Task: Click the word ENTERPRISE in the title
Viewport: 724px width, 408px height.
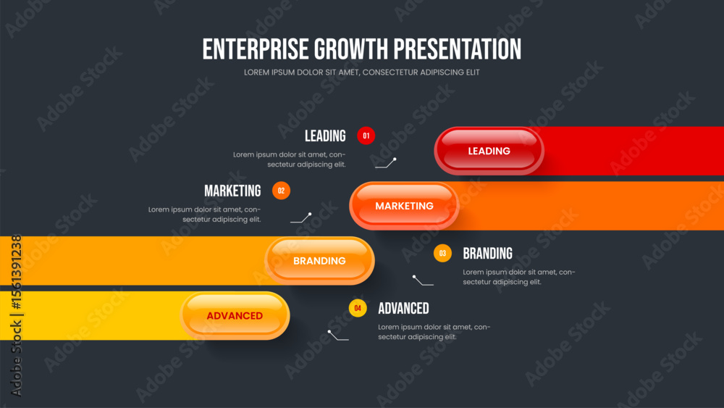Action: [x=256, y=49]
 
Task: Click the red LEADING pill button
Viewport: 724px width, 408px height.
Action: [x=489, y=151]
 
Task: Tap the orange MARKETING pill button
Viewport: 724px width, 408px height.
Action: [x=404, y=206]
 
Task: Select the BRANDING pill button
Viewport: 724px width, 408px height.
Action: [x=319, y=261]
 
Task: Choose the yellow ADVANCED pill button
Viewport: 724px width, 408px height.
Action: [x=235, y=315]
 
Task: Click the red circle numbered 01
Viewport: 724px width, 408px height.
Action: [x=366, y=136]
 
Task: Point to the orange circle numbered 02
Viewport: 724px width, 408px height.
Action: [x=281, y=191]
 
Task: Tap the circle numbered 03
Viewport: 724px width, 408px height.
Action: [x=442, y=253]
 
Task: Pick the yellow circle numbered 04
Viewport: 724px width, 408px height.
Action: [x=358, y=308]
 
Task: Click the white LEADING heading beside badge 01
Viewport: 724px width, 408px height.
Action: [x=325, y=136]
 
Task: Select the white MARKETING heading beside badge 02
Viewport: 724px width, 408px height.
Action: [x=232, y=191]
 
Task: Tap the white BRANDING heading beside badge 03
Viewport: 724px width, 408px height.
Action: [x=487, y=253]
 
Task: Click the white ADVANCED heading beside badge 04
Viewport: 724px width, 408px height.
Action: [x=403, y=308]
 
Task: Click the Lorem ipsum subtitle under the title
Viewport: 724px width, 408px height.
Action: [x=362, y=72]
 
